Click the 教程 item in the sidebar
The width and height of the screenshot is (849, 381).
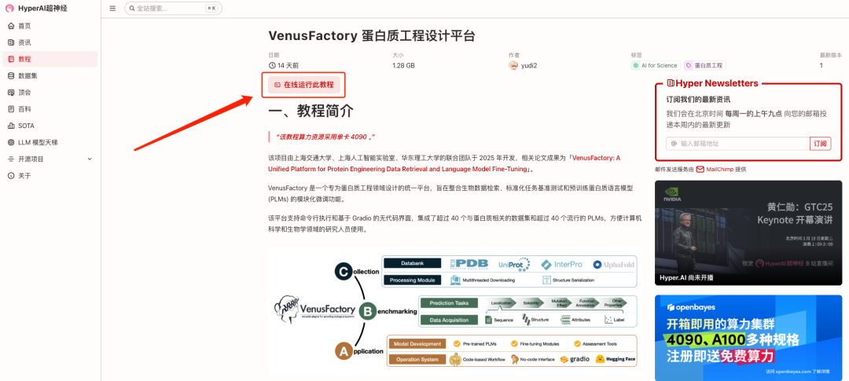pyautogui.click(x=24, y=59)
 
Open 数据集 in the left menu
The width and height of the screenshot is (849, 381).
pyautogui.click(x=28, y=75)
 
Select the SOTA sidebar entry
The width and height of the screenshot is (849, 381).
pyautogui.click(x=26, y=126)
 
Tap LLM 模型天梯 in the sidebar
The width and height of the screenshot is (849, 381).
pyautogui.click(x=38, y=142)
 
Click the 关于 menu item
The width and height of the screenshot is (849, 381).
pyautogui.click(x=24, y=175)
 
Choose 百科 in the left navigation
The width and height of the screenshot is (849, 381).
pyautogui.click(x=24, y=108)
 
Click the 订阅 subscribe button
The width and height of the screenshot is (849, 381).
pyautogui.click(x=820, y=144)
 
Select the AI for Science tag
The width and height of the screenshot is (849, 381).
pyautogui.click(x=655, y=66)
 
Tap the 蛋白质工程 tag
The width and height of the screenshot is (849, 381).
pyautogui.click(x=704, y=66)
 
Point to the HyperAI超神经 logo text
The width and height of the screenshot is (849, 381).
pyautogui.click(x=42, y=9)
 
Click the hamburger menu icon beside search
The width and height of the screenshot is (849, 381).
pyautogui.click(x=112, y=9)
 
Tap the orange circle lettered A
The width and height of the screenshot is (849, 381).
pyautogui.click(x=344, y=352)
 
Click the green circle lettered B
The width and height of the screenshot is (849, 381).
pyautogui.click(x=366, y=311)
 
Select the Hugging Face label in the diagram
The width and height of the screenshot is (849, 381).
pyautogui.click(x=616, y=359)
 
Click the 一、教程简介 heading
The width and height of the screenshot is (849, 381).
pyautogui.click(x=311, y=112)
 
